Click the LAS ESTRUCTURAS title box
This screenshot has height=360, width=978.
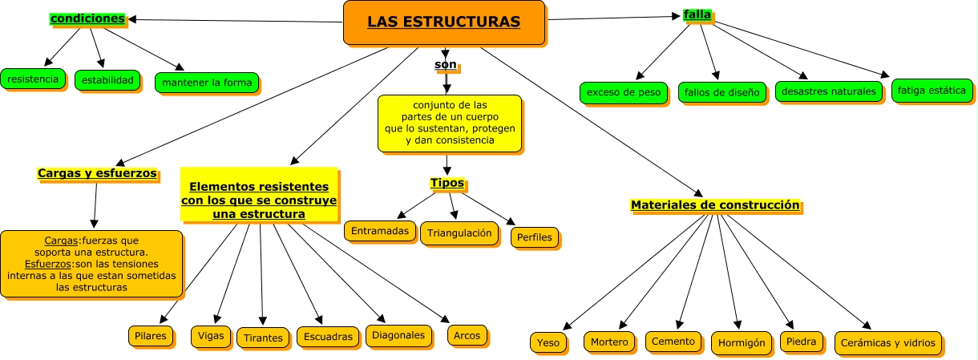tap(444, 22)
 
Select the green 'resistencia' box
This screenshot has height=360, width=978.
tap(32, 79)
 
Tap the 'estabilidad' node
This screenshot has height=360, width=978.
tap(107, 80)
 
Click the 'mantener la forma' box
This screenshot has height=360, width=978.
tap(207, 83)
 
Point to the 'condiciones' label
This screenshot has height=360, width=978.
tap(87, 18)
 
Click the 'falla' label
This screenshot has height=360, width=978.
tap(697, 14)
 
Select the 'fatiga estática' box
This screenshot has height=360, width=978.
tap(932, 91)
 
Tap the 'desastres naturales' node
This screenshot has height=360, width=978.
tap(829, 91)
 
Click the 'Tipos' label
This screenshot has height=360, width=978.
tap(447, 183)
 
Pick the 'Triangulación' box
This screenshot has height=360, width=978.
tap(459, 233)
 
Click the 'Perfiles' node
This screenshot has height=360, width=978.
tap(534, 238)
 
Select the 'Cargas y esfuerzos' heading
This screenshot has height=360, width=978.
tap(97, 173)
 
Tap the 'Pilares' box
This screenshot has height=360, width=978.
tap(152, 336)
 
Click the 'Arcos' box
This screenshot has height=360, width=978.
tap(467, 336)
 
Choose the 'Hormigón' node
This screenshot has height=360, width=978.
tap(742, 343)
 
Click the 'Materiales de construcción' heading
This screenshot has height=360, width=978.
tap(715, 205)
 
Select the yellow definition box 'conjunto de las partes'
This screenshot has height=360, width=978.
tap(449, 123)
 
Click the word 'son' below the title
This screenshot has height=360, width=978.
tap(446, 63)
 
